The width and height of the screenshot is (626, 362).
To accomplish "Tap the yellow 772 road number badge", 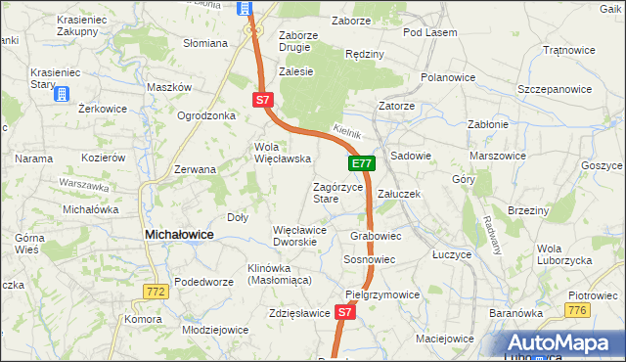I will tap(154, 292).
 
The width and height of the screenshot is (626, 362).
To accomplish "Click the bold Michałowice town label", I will tap(180, 235).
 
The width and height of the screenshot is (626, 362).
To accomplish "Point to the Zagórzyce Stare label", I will tap(337, 193).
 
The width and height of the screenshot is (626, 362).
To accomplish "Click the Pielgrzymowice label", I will tap(382, 294).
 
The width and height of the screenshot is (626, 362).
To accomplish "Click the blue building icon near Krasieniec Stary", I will tap(62, 94).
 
